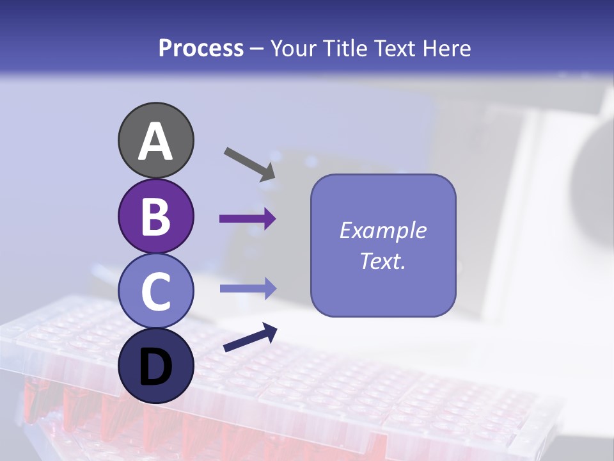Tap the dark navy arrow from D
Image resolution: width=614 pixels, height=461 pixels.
[x=250, y=338]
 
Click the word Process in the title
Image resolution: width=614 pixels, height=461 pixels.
[x=201, y=49]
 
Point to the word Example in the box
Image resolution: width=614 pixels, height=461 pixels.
[x=382, y=230]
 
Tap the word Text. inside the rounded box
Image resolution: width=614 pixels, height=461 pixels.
[x=382, y=261]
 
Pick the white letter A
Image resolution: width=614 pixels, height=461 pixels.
[x=155, y=142]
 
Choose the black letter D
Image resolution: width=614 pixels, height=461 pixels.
[x=155, y=367]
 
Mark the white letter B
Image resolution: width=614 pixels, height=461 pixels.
[x=155, y=216]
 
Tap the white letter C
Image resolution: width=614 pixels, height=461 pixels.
[x=155, y=291]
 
